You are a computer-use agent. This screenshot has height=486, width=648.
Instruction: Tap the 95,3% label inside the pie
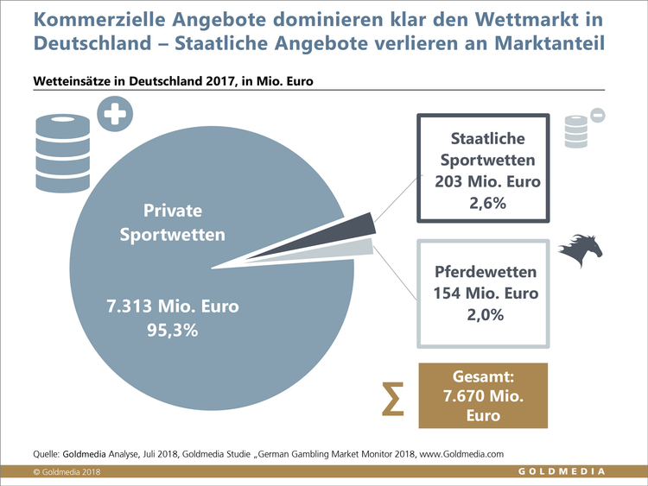[x=172, y=329]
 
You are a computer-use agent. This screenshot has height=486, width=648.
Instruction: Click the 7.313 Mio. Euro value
[x=172, y=306]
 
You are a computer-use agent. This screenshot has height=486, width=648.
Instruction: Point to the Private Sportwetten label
[x=172, y=222]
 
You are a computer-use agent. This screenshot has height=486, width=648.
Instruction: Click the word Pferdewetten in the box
[x=489, y=271]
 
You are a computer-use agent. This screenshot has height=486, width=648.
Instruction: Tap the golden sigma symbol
[x=394, y=395]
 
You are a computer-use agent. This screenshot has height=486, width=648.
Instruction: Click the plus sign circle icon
[x=113, y=115]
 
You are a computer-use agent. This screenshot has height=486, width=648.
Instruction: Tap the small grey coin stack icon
[x=575, y=130]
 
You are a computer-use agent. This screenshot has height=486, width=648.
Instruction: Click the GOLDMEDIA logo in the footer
[x=562, y=471]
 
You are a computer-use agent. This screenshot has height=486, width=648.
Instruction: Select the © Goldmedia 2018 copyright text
[x=68, y=472]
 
